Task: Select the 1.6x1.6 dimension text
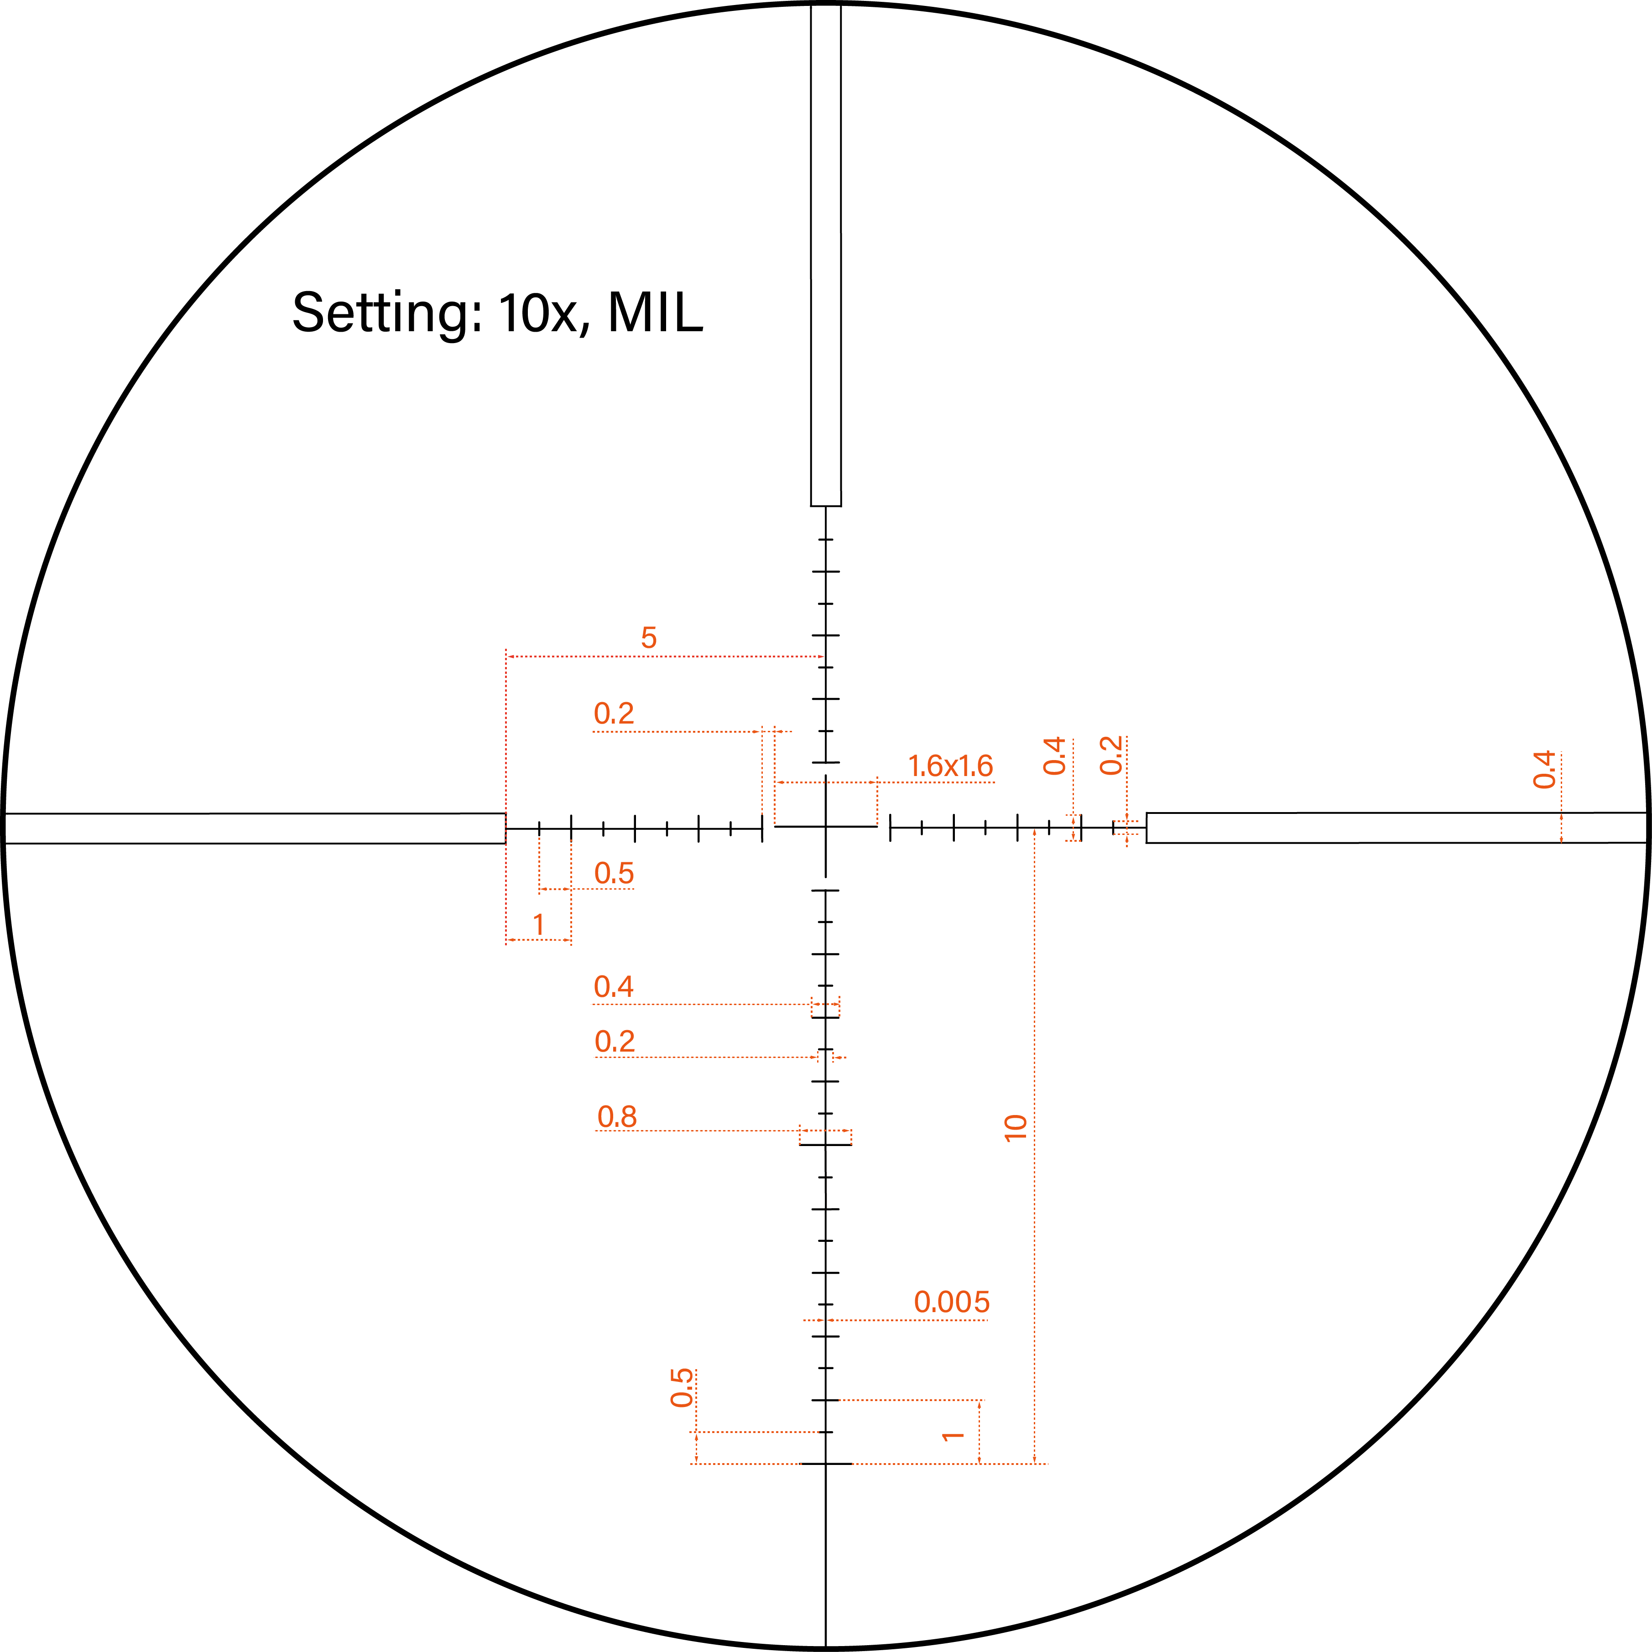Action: (x=950, y=766)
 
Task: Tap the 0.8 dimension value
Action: (x=616, y=1117)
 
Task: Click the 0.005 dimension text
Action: (x=952, y=1302)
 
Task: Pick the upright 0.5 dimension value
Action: (x=614, y=874)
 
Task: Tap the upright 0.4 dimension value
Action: (x=613, y=987)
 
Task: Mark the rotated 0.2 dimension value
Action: (x=1111, y=756)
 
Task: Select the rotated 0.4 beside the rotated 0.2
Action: (x=1054, y=756)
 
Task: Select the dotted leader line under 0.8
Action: (x=697, y=1131)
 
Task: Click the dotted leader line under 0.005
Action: (x=907, y=1320)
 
